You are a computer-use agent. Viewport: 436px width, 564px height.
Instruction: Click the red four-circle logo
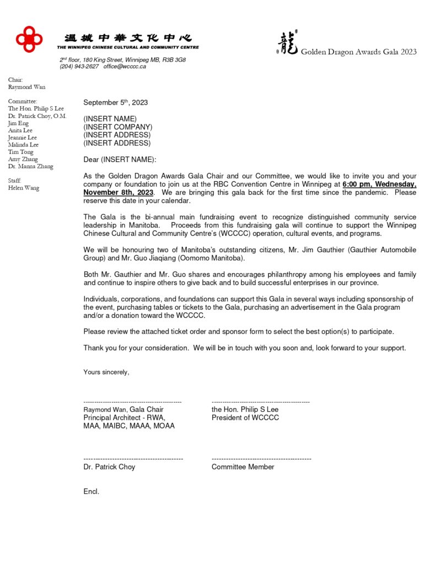point(29,39)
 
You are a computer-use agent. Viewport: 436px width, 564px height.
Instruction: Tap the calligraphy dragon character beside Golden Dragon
point(288,44)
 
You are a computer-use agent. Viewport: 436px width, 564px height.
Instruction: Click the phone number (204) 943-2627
point(79,67)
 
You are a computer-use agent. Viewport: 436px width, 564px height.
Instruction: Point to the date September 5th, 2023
point(115,102)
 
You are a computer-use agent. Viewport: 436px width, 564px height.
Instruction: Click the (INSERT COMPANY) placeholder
point(117,127)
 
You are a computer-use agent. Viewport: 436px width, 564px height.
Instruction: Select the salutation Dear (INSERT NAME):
point(120,160)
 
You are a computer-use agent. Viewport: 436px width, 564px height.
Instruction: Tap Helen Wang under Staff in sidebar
point(24,188)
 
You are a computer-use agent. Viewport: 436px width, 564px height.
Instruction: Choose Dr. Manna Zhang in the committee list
point(30,166)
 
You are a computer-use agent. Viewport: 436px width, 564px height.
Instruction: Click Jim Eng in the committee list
point(18,123)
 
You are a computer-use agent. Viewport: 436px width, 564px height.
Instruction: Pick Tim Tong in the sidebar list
point(20,152)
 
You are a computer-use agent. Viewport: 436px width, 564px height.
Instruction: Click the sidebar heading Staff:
point(15,181)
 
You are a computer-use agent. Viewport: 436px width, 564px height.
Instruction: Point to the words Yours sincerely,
point(106,372)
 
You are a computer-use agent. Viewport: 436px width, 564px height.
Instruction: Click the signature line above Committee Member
point(261,459)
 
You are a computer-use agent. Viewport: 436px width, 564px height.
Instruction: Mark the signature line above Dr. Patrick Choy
point(133,459)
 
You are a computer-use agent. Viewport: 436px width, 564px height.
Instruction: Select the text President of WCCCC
point(245,417)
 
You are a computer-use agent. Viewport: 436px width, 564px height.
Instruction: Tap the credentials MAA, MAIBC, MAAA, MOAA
point(129,426)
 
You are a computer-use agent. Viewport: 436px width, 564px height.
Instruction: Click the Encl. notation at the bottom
point(91,491)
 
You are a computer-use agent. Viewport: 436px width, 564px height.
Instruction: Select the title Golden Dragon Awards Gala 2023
point(358,52)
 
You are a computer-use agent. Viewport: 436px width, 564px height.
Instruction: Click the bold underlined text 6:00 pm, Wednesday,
point(379,185)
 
